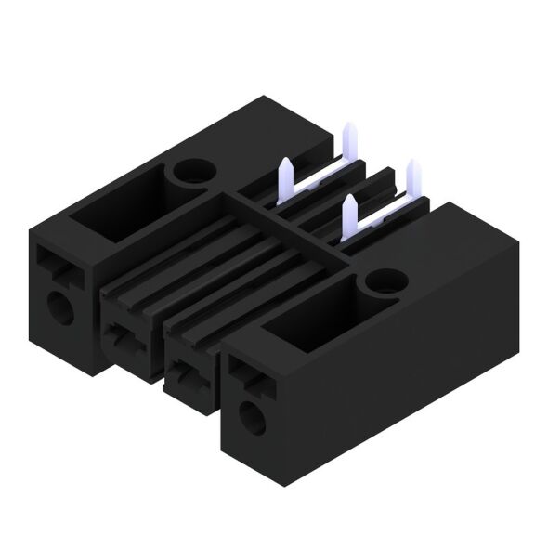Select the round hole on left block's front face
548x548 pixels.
tap(60, 307)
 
